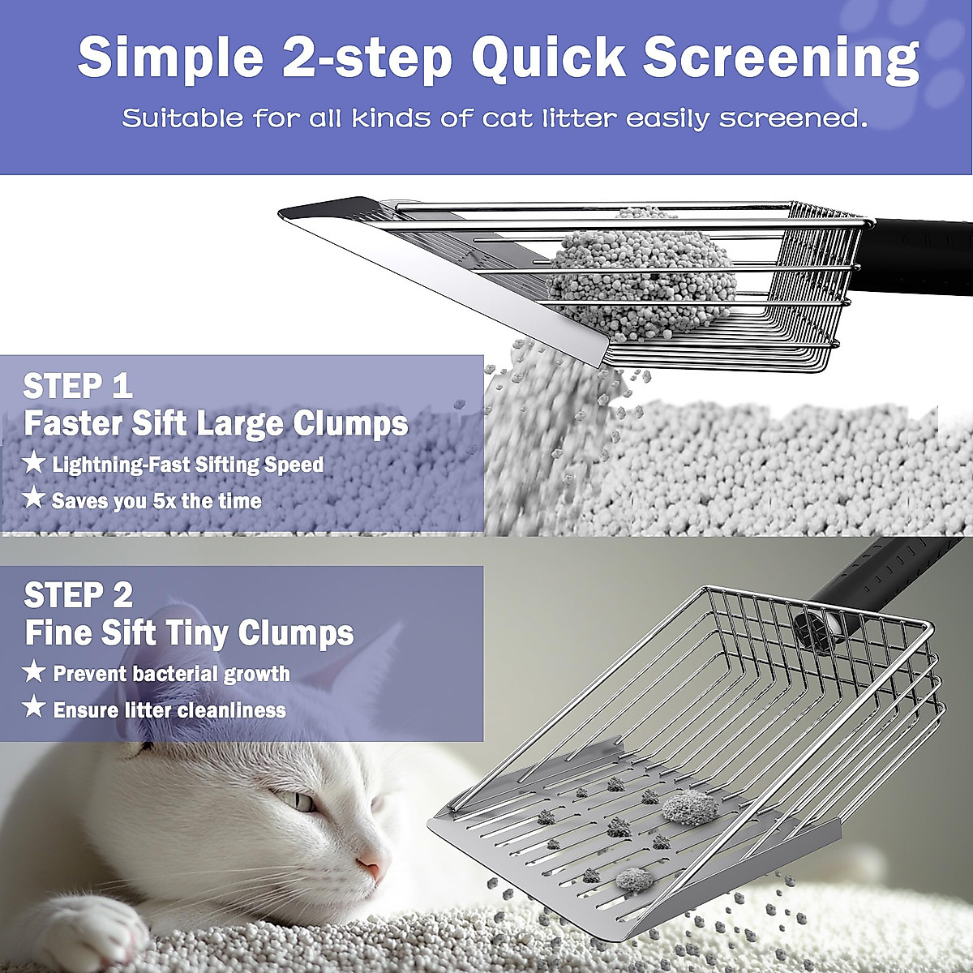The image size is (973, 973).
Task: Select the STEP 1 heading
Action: [x=78, y=386]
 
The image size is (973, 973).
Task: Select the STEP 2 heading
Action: [x=78, y=596]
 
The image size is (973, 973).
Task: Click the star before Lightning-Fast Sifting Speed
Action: [x=34, y=463]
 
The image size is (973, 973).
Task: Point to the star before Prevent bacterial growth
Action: [x=34, y=672]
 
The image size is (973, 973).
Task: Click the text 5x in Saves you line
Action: [x=163, y=501]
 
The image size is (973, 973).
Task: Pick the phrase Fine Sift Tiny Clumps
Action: [x=189, y=632]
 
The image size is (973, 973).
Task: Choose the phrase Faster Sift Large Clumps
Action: [x=215, y=423]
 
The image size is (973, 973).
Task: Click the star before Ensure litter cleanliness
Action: [x=34, y=709]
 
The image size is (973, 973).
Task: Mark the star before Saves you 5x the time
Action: [x=34, y=499]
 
